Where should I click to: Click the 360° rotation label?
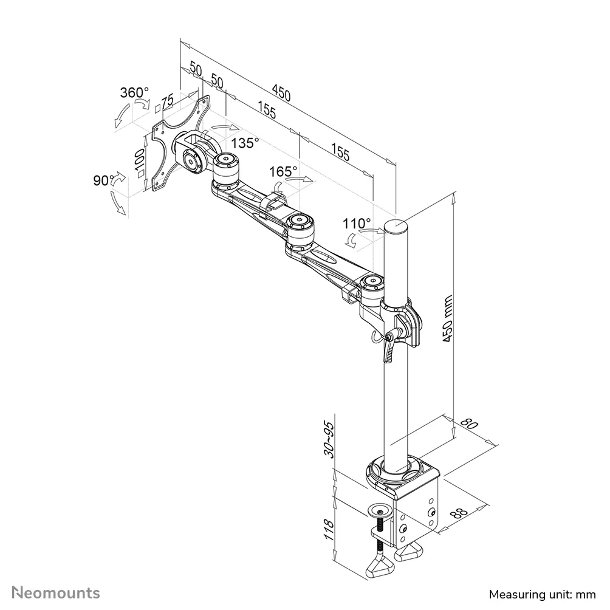pos(134,93)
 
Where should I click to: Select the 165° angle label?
pos(284,171)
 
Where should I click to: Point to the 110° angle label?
pos(357,223)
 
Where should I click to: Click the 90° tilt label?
pos(105,180)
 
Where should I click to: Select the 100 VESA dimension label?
pos(139,163)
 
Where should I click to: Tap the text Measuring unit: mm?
pos(534,594)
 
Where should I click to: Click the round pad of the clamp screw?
pos(381,509)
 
